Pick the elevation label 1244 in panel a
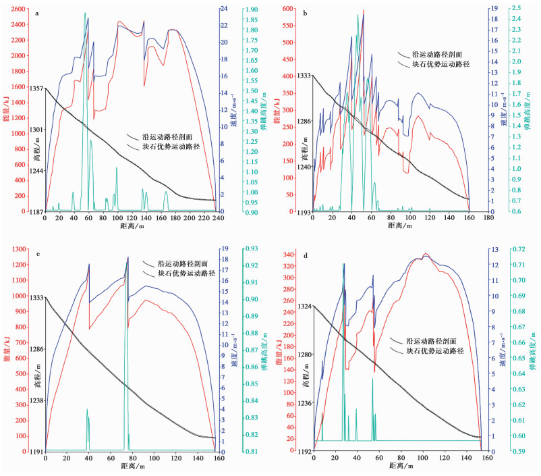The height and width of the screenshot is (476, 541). click(37, 171)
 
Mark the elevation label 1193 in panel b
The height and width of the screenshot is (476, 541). click(305, 213)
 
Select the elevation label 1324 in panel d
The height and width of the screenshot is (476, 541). click(304, 307)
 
